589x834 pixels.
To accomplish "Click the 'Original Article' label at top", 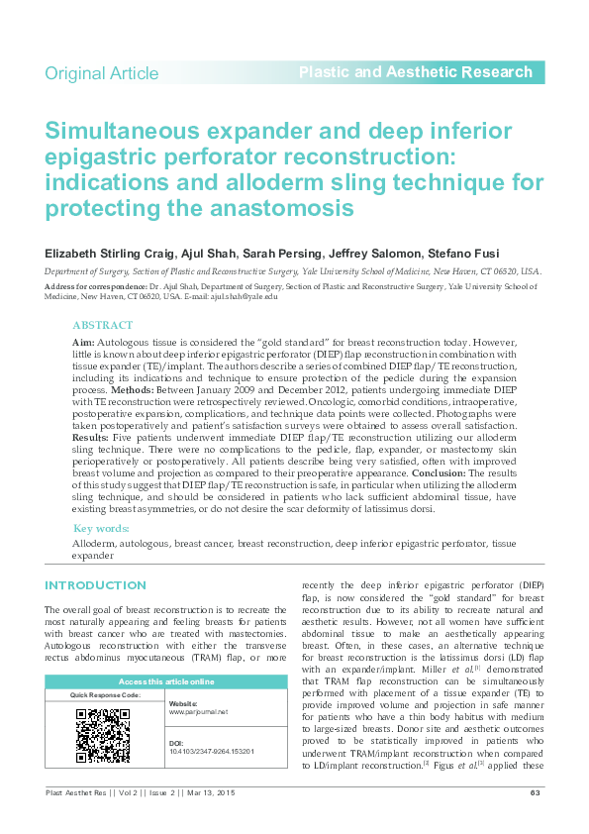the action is point(101,73).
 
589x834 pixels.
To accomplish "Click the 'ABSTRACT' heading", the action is point(102,326).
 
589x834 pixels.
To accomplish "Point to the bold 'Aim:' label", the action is point(83,341).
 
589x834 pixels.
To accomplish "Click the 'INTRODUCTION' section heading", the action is point(95,585).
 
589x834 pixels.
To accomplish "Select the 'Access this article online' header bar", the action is point(166,681).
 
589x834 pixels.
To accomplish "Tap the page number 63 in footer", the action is point(535,792).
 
